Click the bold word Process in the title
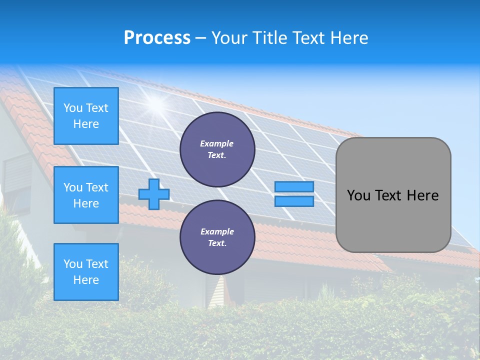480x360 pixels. (x=157, y=38)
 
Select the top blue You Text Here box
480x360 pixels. (x=86, y=116)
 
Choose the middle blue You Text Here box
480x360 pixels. (x=86, y=195)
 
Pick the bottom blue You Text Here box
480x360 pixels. (x=86, y=272)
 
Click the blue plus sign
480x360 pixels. (x=154, y=194)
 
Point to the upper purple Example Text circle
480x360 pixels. (x=217, y=149)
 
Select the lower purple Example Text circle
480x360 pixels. (x=217, y=237)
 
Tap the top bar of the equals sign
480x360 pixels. (x=294, y=187)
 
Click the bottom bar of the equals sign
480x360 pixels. (x=294, y=201)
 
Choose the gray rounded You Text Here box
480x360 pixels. (x=393, y=195)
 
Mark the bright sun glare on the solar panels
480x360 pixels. (x=156, y=103)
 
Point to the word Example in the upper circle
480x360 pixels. (x=217, y=143)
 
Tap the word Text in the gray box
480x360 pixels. (x=388, y=195)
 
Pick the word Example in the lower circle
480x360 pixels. (x=217, y=231)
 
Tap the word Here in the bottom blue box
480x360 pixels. (x=86, y=280)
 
